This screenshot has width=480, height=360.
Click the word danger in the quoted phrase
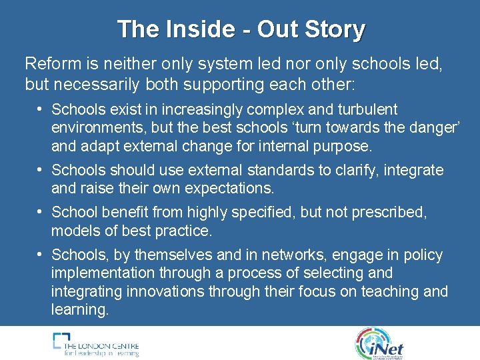coord(422,127)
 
